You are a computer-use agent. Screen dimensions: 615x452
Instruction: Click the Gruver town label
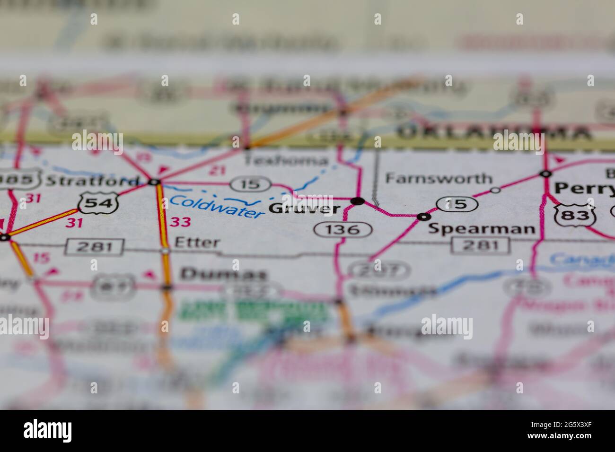pos(304,209)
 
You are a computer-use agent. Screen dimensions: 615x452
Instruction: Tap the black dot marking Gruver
pos(359,201)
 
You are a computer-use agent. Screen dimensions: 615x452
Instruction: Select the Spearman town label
pos(482,229)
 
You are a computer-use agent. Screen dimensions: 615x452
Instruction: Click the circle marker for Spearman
pos(423,217)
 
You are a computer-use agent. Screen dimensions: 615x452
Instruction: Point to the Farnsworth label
pos(439,179)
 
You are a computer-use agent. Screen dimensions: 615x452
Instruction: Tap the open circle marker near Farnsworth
pos(495,190)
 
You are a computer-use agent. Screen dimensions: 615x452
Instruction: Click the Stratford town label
pos(93,181)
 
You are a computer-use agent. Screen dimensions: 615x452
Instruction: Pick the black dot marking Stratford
pos(154,182)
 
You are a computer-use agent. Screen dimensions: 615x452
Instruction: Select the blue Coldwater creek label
pos(217,207)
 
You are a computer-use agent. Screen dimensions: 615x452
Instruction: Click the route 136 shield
pos(343,230)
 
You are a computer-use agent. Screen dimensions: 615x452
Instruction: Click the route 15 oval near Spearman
pos(457,204)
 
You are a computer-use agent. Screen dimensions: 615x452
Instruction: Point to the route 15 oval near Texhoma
pos(250,184)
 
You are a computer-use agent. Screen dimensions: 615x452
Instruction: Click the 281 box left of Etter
pos(95,246)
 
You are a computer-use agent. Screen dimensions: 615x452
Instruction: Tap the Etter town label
pos(197,243)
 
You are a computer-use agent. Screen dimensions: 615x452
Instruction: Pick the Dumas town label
pos(224,274)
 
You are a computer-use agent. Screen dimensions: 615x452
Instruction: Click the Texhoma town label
pos(286,160)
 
